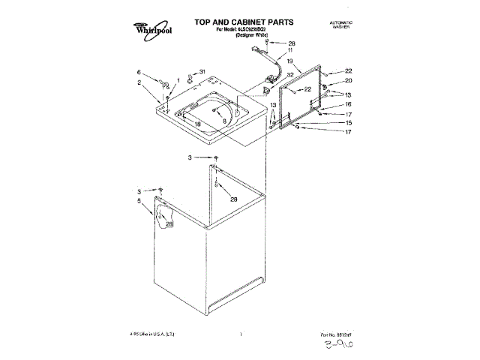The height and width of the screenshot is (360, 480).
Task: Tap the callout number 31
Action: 202,72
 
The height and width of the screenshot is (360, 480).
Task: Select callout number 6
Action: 139,72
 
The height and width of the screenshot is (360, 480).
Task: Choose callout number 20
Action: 347,81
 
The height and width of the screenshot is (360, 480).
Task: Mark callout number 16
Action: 347,104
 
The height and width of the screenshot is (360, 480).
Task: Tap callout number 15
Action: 347,122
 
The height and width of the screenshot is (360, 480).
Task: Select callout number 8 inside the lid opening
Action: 223,119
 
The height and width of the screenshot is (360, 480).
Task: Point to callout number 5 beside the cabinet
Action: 139,201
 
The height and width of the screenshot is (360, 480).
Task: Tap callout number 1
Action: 178,80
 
